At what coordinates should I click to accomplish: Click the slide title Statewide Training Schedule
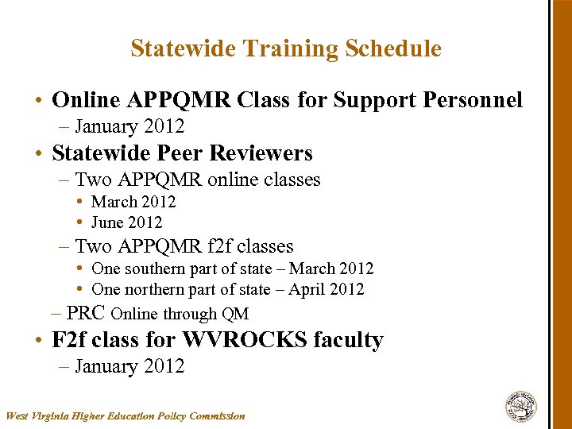(286, 48)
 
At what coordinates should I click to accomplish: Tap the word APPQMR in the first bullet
(177, 100)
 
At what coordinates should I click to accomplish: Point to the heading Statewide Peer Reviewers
(182, 153)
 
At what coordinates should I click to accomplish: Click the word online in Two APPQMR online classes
(236, 180)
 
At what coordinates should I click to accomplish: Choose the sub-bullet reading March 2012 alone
(133, 202)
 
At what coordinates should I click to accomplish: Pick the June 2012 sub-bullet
(126, 222)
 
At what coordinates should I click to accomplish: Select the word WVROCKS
(245, 340)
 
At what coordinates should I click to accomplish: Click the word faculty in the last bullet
(348, 340)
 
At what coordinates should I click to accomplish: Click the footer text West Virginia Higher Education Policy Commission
(126, 415)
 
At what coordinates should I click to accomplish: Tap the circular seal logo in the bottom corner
(521, 407)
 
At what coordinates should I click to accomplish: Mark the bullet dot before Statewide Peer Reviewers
(38, 154)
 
